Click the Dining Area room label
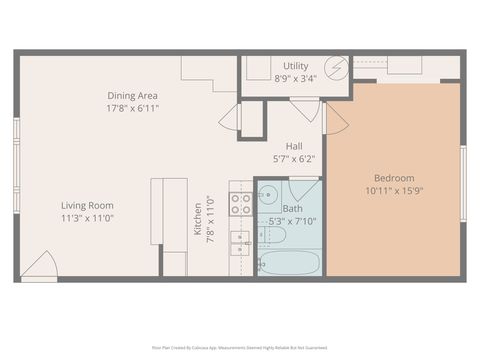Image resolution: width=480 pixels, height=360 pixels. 133,96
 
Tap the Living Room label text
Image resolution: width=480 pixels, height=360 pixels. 87,205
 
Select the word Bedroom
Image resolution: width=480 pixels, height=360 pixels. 394,178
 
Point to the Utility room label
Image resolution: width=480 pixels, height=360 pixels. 296,66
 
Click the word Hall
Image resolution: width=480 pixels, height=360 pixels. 294,146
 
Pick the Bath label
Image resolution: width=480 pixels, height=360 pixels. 292,209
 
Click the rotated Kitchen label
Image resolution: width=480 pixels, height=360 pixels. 198,219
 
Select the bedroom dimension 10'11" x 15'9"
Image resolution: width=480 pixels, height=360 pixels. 394,190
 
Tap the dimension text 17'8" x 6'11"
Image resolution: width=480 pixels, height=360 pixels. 133,108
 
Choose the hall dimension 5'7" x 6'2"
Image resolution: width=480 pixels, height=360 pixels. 294,158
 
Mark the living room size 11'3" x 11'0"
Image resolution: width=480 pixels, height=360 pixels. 87,217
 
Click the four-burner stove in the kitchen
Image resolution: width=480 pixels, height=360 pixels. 241,204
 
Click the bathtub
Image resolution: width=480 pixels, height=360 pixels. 290,263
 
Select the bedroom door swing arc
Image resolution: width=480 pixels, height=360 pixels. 335,119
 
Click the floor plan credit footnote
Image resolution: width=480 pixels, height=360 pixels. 240,348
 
